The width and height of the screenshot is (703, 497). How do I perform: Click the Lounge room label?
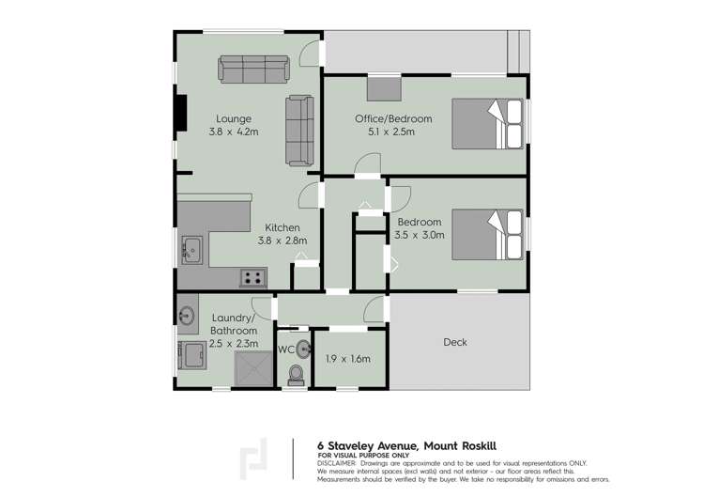click(x=234, y=118)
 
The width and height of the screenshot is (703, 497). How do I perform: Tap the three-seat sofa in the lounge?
click(x=253, y=69)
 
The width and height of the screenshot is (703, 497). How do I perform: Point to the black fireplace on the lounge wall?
click(x=179, y=116)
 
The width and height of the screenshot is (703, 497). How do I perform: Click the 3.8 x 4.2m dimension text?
click(x=234, y=132)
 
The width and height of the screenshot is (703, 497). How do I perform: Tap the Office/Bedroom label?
click(x=393, y=118)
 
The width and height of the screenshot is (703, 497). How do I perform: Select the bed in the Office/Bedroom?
click(x=486, y=124)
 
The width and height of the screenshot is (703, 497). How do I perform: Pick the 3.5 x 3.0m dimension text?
click(x=420, y=235)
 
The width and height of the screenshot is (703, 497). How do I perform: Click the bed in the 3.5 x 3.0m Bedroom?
click(x=486, y=234)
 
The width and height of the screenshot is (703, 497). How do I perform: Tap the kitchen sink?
click(x=192, y=250)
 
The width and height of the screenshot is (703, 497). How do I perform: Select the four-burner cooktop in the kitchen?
click(x=252, y=277)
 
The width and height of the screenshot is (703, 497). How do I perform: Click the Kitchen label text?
click(x=282, y=227)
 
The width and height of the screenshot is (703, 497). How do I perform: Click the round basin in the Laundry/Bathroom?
click(x=185, y=315)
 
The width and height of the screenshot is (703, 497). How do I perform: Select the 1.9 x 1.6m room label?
click(x=349, y=359)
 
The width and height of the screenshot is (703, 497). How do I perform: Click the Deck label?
click(x=455, y=342)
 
